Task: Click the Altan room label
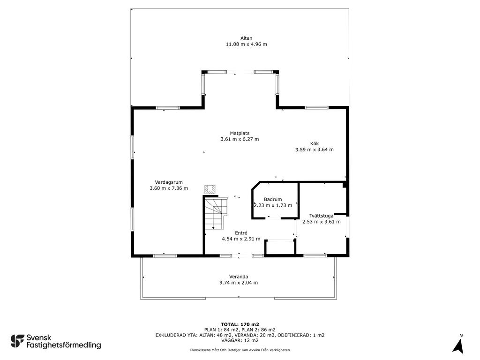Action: (246, 38)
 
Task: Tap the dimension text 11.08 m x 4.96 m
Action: (246, 44)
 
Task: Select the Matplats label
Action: (240, 133)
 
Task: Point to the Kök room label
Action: (315, 143)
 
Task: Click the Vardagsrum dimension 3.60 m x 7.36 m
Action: (169, 188)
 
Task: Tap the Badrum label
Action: (273, 199)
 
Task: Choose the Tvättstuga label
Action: (321, 216)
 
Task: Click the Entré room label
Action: (241, 233)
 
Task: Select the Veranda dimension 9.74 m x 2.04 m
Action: (239, 283)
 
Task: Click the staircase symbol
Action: (215, 213)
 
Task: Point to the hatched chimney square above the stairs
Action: (210, 189)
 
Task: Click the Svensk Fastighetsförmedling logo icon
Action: (17, 341)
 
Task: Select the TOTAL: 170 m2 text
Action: (240, 324)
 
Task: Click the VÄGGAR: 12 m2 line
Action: (240, 340)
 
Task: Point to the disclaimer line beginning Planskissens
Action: (240, 350)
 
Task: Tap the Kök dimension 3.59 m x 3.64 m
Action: (315, 150)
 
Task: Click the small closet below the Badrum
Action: (280, 247)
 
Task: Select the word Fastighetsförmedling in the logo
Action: (64, 345)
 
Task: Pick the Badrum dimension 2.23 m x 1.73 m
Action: (273, 205)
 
